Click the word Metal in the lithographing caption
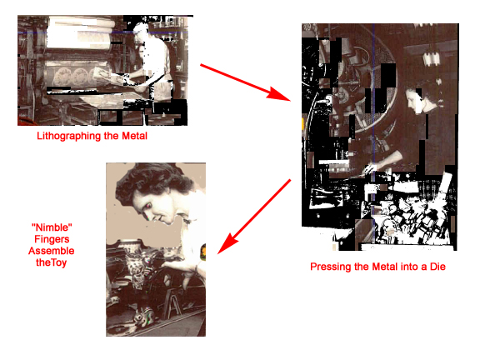[134, 136]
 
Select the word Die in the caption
[437, 267]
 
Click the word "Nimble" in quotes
[52, 227]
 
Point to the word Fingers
[52, 239]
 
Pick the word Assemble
[52, 251]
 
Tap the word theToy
[51, 262]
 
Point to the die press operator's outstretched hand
[370, 169]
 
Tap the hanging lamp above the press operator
[432, 58]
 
